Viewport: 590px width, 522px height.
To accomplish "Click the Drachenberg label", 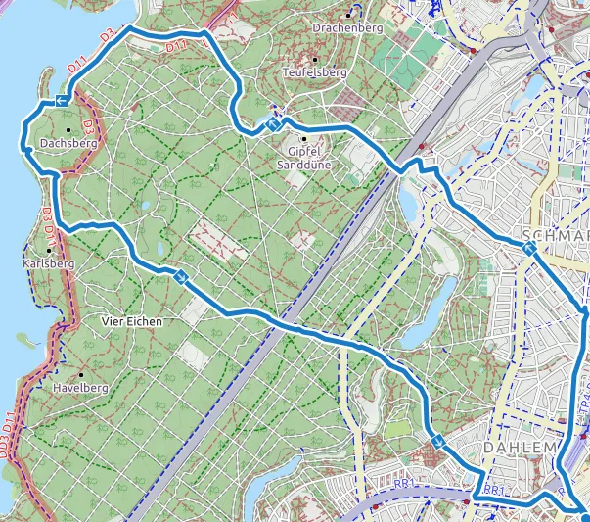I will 346,28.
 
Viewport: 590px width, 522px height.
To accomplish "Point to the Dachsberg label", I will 68,144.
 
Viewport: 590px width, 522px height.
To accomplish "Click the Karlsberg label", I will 48,263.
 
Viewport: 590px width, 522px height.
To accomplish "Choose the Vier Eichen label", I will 131,320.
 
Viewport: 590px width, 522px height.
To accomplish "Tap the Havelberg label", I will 79,388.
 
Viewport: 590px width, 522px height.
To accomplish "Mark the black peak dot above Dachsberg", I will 68,129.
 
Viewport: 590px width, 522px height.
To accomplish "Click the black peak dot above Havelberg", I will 80,374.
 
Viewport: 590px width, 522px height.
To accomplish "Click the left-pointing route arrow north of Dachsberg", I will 62,101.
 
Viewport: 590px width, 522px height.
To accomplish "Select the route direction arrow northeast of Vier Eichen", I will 181,277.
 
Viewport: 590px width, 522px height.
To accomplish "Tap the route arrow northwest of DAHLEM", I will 439,443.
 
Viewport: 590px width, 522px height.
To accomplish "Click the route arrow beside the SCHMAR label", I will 529,250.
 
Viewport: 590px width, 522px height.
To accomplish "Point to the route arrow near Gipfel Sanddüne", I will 275,125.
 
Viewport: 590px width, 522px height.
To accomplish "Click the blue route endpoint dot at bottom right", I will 584,517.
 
